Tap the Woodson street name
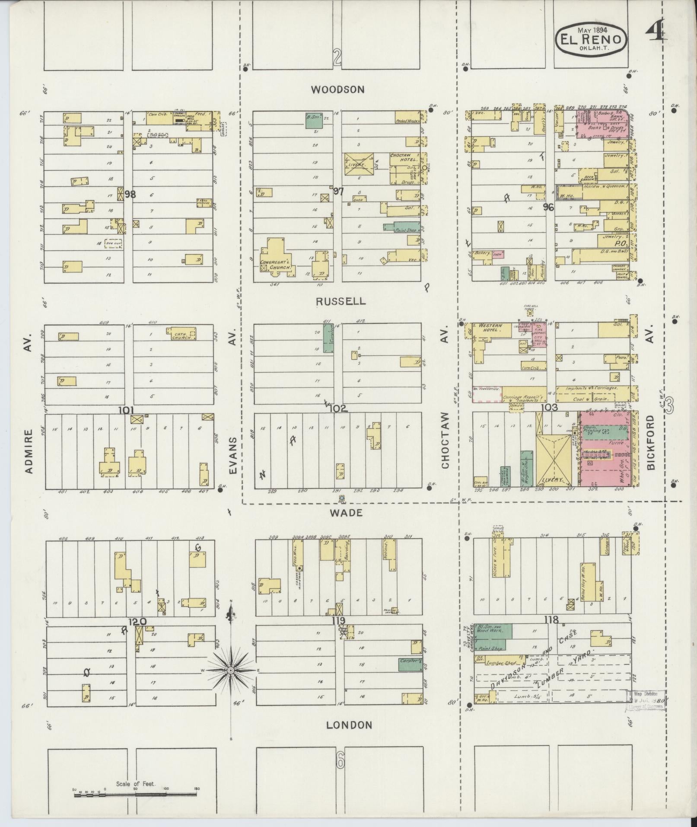(337, 89)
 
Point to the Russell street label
(341, 301)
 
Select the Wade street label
(346, 513)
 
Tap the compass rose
(231, 682)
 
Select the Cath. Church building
(181, 333)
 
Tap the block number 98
(130, 195)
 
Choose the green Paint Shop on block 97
(401, 227)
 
